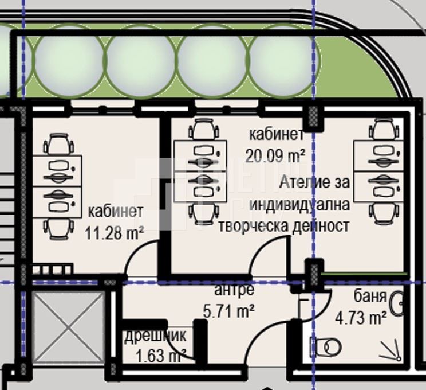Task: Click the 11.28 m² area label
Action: coord(114,233)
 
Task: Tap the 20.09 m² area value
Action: coord(275,155)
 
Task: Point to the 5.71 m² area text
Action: coord(229,311)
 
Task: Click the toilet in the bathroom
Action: coord(328,346)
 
